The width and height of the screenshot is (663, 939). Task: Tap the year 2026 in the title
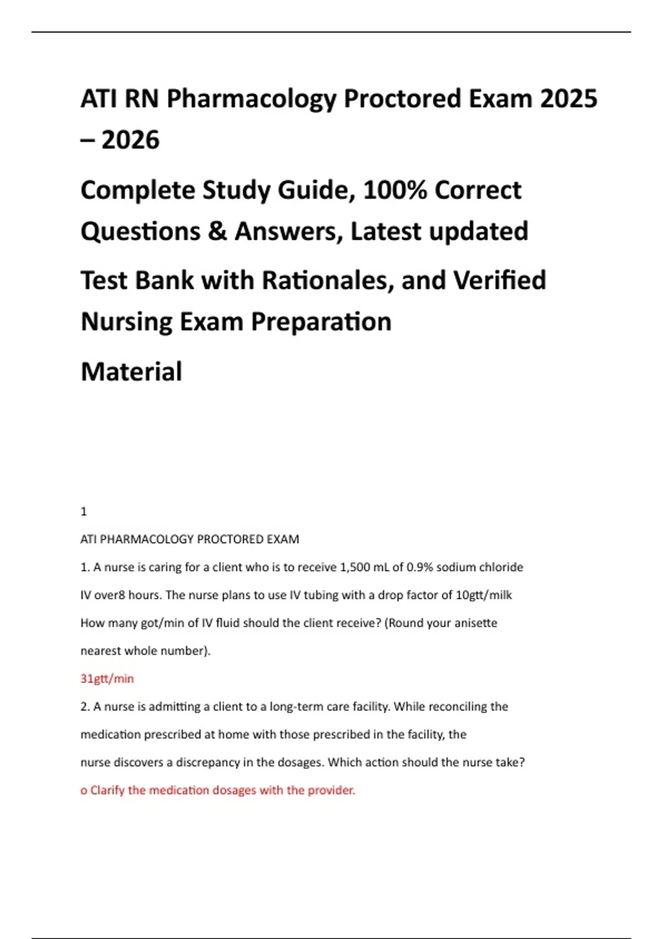click(130, 140)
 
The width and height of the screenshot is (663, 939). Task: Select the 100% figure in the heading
click(395, 191)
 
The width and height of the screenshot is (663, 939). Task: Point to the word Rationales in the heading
click(327, 281)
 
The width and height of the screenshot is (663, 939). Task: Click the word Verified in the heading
click(499, 281)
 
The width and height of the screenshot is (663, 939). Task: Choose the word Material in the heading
click(131, 372)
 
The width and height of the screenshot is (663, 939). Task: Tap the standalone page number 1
click(84, 512)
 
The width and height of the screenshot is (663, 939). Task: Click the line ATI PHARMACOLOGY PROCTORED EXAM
click(190, 540)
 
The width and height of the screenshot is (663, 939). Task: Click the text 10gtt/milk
click(484, 595)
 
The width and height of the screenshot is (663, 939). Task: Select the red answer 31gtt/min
click(107, 679)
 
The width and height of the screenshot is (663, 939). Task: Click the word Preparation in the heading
click(321, 322)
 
